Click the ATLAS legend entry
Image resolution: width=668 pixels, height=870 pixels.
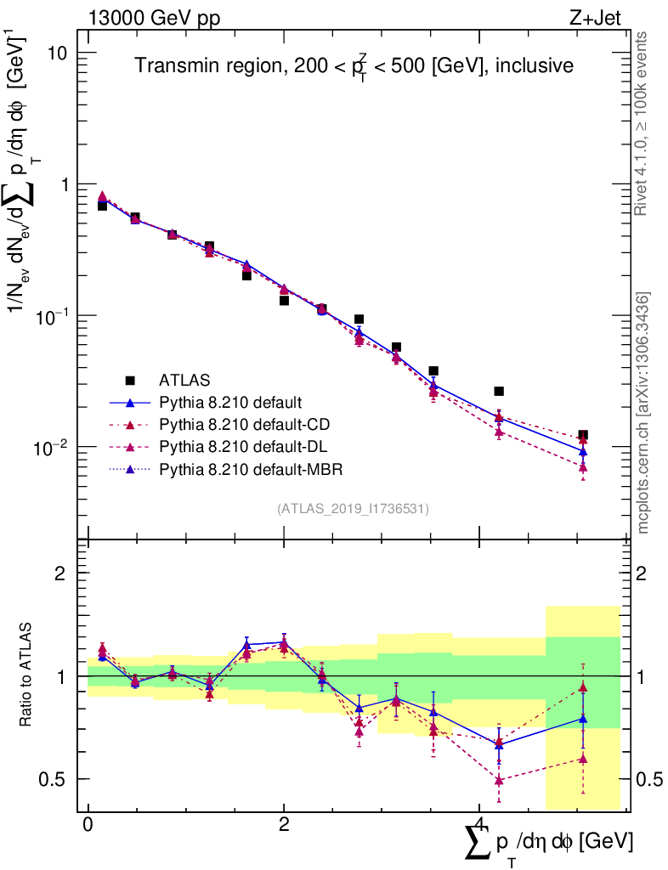[184, 380]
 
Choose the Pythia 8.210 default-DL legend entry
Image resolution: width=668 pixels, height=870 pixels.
[243, 446]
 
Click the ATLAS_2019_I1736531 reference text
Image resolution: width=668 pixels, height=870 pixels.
[353, 509]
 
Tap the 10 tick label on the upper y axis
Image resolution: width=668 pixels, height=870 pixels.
[58, 53]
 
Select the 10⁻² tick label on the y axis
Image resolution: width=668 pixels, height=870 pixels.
[53, 446]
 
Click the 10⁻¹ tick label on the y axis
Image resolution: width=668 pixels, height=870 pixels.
[53, 315]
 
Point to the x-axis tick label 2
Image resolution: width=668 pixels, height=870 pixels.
[284, 825]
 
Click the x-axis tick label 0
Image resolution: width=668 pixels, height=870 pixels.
[88, 825]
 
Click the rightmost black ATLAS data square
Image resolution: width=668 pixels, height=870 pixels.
[583, 435]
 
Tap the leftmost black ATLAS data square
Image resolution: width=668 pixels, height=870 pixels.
[102, 206]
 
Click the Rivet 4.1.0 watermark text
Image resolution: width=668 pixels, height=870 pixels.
[643, 123]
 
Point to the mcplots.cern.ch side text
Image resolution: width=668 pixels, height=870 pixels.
[643, 412]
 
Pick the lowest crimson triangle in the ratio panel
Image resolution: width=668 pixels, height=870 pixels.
[499, 780]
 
